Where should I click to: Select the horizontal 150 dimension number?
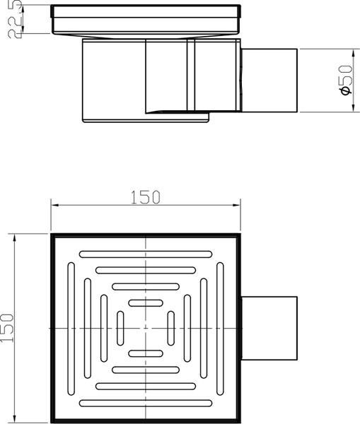[x=146, y=196]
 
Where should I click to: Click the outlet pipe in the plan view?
[x=269, y=329]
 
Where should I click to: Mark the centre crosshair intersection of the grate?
[x=145, y=329]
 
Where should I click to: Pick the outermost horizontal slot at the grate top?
[x=145, y=252]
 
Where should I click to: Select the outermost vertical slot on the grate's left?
[x=69, y=329]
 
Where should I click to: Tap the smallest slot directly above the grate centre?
[x=145, y=302]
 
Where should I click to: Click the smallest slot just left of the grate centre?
[x=120, y=329]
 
